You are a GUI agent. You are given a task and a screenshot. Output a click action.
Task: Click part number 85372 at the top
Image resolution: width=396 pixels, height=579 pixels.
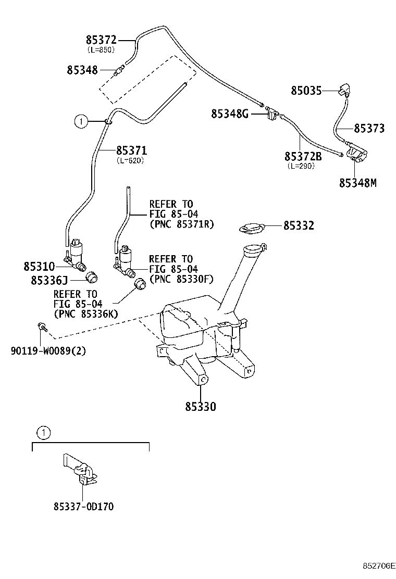tap(101, 40)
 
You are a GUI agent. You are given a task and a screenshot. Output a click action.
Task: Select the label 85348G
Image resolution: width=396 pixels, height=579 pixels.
tap(230, 114)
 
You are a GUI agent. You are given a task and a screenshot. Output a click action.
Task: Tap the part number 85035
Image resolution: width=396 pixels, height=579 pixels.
tap(306, 91)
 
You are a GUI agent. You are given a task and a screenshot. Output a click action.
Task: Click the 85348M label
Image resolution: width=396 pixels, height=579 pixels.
tap(357, 183)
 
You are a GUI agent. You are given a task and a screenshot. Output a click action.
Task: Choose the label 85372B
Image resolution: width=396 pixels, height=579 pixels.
tap(303, 156)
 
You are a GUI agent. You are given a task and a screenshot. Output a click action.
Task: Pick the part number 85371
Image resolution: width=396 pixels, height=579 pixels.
tap(131, 151)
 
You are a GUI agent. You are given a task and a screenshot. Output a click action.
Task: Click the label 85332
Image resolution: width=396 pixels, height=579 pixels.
tap(299, 225)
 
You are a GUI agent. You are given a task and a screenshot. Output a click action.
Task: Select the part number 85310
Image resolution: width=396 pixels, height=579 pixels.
tap(39, 266)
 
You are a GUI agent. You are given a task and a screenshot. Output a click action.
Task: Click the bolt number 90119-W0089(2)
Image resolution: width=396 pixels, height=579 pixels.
tap(48, 350)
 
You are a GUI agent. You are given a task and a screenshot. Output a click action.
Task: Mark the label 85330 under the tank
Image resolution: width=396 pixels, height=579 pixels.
tap(200, 406)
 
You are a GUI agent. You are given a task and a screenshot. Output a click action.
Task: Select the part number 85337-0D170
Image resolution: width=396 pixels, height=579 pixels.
tap(83, 506)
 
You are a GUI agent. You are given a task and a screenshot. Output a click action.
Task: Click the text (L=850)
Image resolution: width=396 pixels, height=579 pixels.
tap(101, 49)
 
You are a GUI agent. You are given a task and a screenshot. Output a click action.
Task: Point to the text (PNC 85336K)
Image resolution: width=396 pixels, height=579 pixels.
tap(86, 313)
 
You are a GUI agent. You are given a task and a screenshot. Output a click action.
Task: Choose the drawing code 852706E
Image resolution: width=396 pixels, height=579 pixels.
tap(379, 565)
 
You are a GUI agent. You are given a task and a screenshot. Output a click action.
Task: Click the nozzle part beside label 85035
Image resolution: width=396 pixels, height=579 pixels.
tap(345, 91)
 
